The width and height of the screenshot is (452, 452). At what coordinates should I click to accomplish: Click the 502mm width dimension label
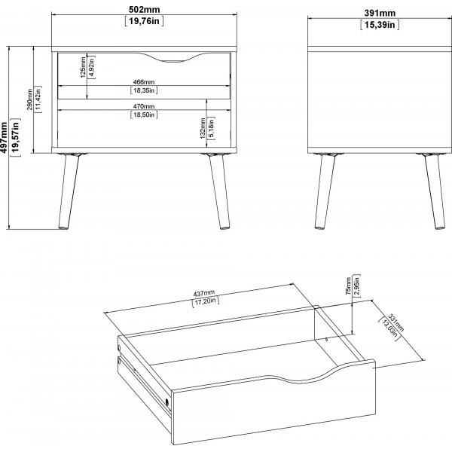pyautogui.click(x=144, y=10)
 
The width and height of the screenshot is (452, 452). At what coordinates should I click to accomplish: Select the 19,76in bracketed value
pyautogui.click(x=144, y=21)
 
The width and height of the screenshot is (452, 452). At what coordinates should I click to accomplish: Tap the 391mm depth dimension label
pyautogui.click(x=380, y=13)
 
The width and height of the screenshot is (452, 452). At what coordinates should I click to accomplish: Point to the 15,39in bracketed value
pyautogui.click(x=380, y=25)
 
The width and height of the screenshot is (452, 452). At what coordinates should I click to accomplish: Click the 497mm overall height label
pyautogui.click(x=4, y=137)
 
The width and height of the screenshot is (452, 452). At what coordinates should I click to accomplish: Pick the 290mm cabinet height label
pyautogui.click(x=29, y=99)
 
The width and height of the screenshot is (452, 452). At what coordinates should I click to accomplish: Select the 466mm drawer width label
pyautogui.click(x=144, y=82)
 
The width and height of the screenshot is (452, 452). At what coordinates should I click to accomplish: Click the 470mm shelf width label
pyautogui.click(x=144, y=106)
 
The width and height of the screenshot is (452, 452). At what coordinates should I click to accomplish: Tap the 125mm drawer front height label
pyautogui.click(x=83, y=67)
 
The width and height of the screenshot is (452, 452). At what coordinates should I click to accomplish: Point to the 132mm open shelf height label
pyautogui.click(x=203, y=128)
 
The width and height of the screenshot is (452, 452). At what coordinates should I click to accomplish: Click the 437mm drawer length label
pyautogui.click(x=204, y=294)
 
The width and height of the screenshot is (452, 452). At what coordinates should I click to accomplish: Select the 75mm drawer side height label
pyautogui.click(x=349, y=286)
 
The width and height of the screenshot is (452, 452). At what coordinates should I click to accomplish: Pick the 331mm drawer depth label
pyautogui.click(x=396, y=322)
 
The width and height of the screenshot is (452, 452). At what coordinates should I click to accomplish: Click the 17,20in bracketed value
pyautogui.click(x=206, y=301)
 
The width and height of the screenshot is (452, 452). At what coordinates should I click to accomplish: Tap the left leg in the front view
pyautogui.click(x=69, y=191)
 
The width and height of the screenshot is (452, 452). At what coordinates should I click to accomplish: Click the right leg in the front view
pyautogui.click(x=219, y=191)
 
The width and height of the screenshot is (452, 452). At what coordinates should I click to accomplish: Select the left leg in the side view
pyautogui.click(x=325, y=191)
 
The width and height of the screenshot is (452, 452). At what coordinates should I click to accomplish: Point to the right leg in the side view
pyautogui.click(x=435, y=191)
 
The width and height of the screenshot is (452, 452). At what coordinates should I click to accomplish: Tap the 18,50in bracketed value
pyautogui.click(x=144, y=115)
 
